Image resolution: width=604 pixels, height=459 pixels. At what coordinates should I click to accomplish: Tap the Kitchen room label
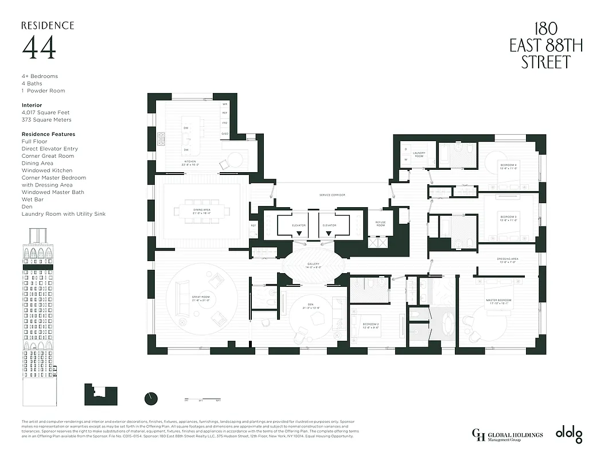point(190,162)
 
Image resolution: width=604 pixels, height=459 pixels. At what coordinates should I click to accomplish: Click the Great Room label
point(201,298)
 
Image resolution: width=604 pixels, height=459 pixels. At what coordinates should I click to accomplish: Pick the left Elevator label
point(298,225)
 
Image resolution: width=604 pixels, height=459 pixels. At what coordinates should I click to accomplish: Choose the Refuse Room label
point(380,224)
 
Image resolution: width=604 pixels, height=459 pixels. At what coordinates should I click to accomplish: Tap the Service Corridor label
point(332,195)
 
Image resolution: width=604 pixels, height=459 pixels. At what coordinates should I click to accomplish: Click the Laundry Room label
point(419,155)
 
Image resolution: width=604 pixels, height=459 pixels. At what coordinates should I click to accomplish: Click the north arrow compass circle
point(151,398)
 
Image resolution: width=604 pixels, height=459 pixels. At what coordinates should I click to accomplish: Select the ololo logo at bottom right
point(568,435)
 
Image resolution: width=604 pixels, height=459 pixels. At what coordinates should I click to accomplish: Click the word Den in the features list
point(26,207)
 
